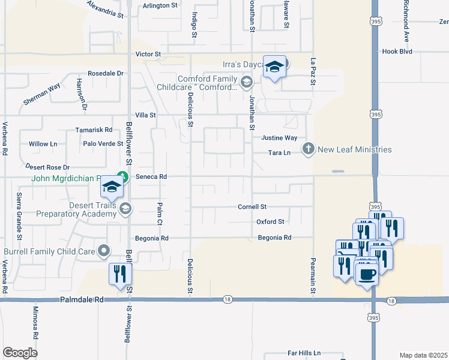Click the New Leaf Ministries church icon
[x=309, y=149]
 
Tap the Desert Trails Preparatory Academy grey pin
[x=125, y=208]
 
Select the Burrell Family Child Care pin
[x=104, y=250]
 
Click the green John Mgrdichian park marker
[x=122, y=177]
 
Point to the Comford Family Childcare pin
[x=246, y=82]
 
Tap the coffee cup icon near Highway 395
[x=367, y=275]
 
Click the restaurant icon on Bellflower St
[x=119, y=274]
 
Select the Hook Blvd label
[x=397, y=52]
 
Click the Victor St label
[x=148, y=54]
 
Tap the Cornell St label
[x=252, y=206]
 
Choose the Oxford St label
[x=270, y=221]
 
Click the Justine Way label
[x=279, y=137]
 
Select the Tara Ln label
[x=279, y=152]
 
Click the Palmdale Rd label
[x=82, y=299]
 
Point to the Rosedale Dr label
[x=105, y=73]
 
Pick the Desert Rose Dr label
[x=47, y=167]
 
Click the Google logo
[x=20, y=353]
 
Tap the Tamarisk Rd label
[x=94, y=129]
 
